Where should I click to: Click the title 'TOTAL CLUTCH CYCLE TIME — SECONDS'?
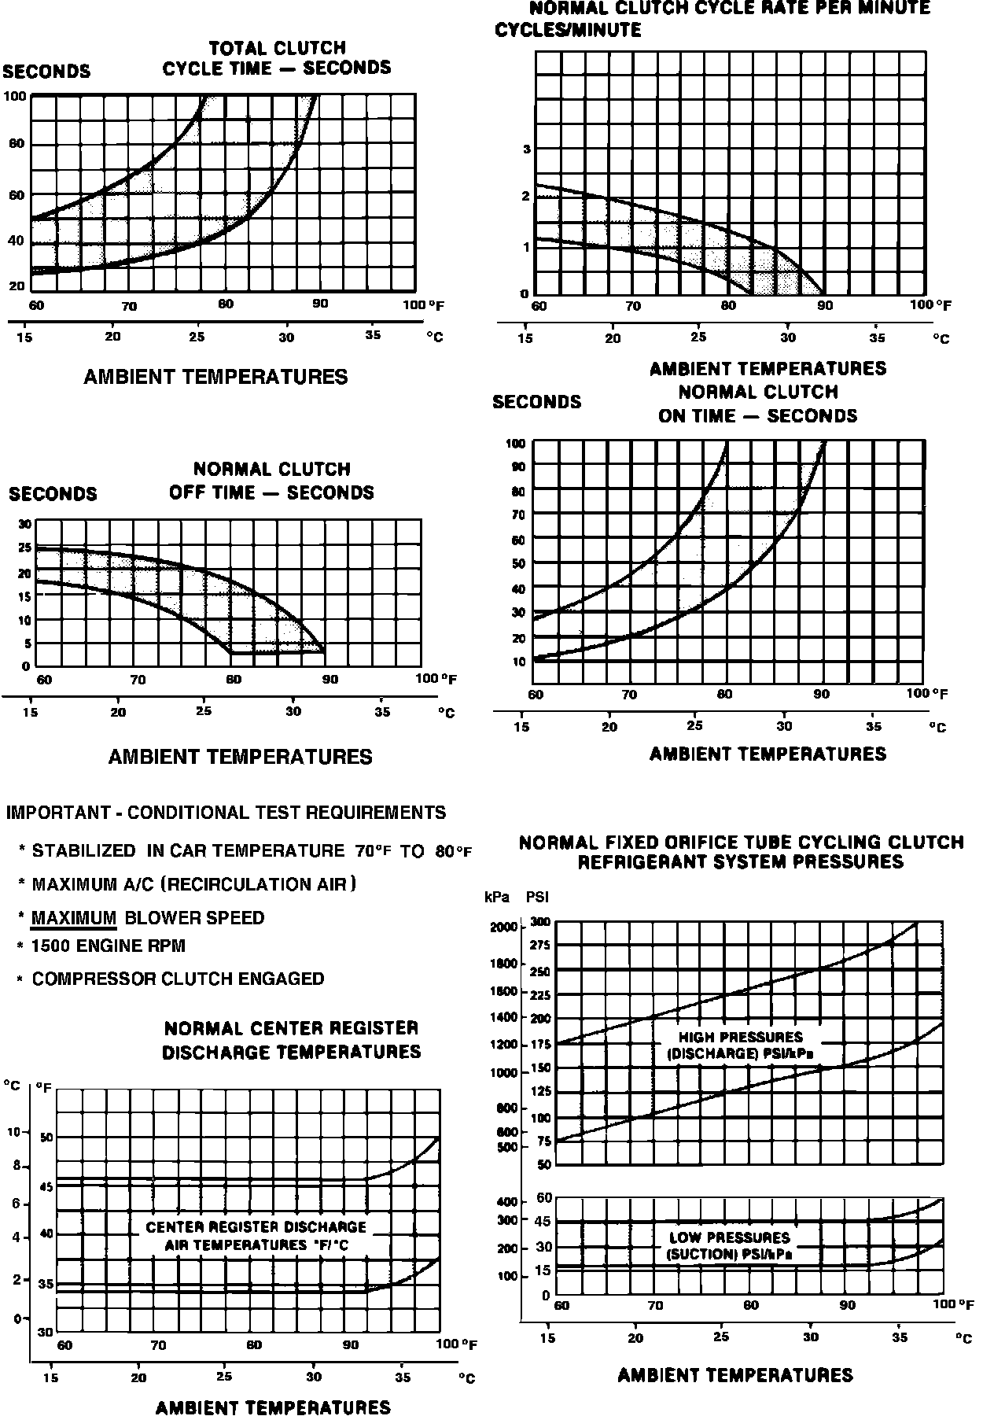pyautogui.click(x=276, y=58)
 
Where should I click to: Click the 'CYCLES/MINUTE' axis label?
pyautogui.click(x=567, y=31)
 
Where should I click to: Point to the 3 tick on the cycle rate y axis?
pyautogui.click(x=527, y=149)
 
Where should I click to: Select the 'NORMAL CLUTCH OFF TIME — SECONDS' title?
pyautogui.click(x=271, y=481)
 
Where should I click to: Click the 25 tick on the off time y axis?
pyautogui.click(x=24, y=548)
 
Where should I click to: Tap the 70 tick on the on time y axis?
pyautogui.click(x=517, y=514)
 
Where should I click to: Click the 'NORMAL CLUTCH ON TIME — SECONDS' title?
pyautogui.click(x=757, y=404)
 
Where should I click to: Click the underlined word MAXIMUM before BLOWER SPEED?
pyautogui.click(x=74, y=918)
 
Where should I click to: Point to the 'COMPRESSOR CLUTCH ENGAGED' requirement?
pyautogui.click(x=178, y=979)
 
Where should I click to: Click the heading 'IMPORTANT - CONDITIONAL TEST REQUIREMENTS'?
pyautogui.click(x=226, y=813)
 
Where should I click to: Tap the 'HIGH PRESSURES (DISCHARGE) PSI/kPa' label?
pyautogui.click(x=740, y=1045)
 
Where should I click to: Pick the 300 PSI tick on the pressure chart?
pyautogui.click(x=539, y=921)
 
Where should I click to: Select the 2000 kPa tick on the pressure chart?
pyautogui.click(x=503, y=927)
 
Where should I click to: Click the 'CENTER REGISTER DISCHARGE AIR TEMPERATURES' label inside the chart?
pyautogui.click(x=256, y=1236)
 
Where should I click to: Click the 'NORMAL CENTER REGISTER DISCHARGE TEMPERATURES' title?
pyautogui.click(x=291, y=1040)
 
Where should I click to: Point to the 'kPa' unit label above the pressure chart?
pyautogui.click(x=496, y=897)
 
